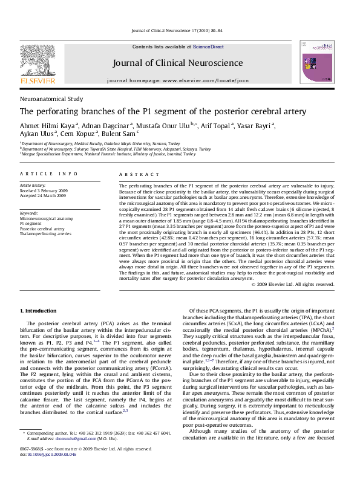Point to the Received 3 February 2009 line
click(x=45, y=191)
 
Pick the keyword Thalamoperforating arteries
click(x=45, y=233)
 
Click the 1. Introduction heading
click(x=39, y=310)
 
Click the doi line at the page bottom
click(x=51, y=470)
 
